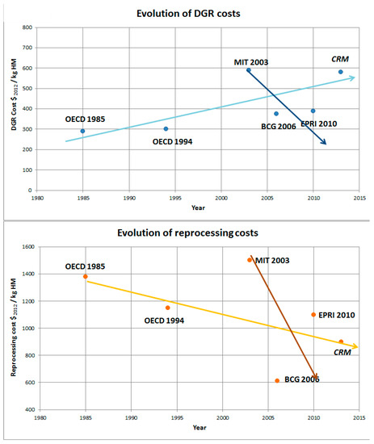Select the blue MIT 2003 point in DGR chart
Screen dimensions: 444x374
tap(248, 70)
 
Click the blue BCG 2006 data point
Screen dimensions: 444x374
tap(275, 114)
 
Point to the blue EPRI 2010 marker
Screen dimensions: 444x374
tap(313, 111)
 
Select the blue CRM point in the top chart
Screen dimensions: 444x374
tap(340, 72)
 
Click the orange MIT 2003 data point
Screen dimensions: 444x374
tap(249, 260)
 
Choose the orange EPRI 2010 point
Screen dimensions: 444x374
tap(313, 315)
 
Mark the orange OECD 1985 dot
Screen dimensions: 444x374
tap(85, 277)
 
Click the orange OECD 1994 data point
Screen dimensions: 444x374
tap(167, 308)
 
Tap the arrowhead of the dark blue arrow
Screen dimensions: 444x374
tap(325, 143)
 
